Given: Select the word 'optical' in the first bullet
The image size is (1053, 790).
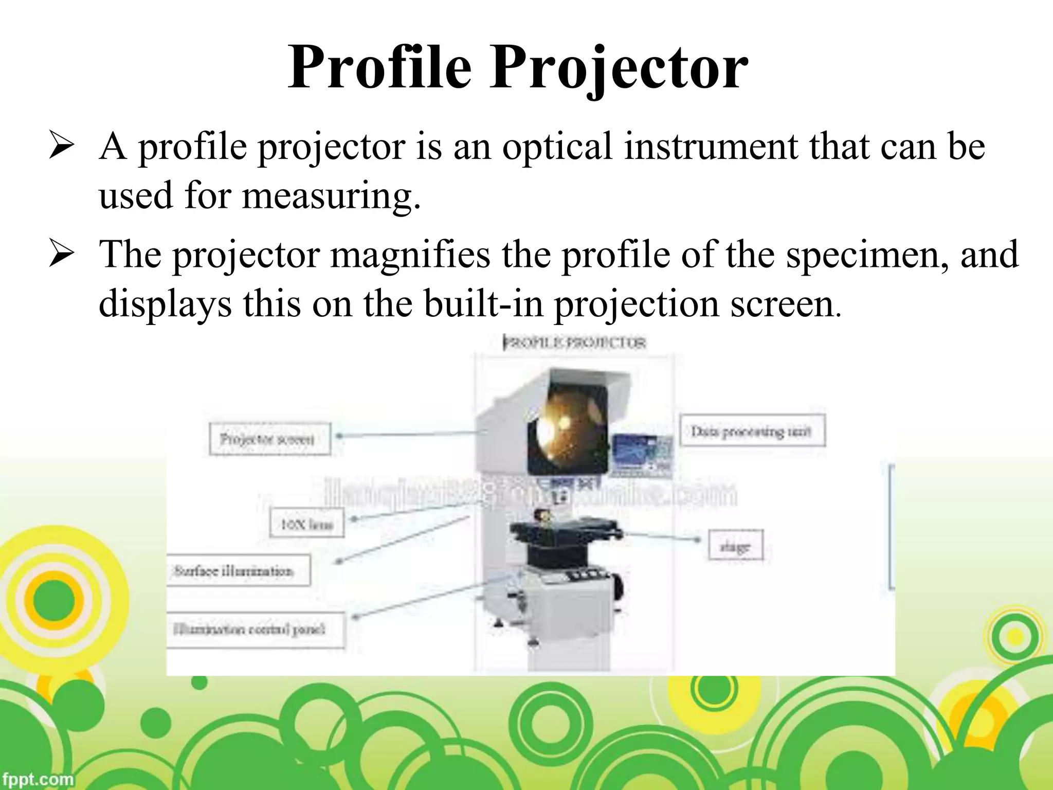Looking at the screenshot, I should (558, 147).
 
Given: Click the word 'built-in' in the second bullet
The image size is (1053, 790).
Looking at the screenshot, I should (483, 304).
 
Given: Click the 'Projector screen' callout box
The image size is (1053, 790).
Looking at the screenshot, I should (269, 439).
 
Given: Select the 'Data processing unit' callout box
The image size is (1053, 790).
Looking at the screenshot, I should (752, 431).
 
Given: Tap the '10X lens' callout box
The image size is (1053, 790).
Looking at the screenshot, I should (307, 524).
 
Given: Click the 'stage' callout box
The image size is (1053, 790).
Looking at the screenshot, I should (735, 546).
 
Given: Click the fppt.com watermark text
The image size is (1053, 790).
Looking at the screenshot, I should (37, 779).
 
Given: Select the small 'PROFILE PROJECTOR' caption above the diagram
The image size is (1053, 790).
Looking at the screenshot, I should (574, 343).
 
